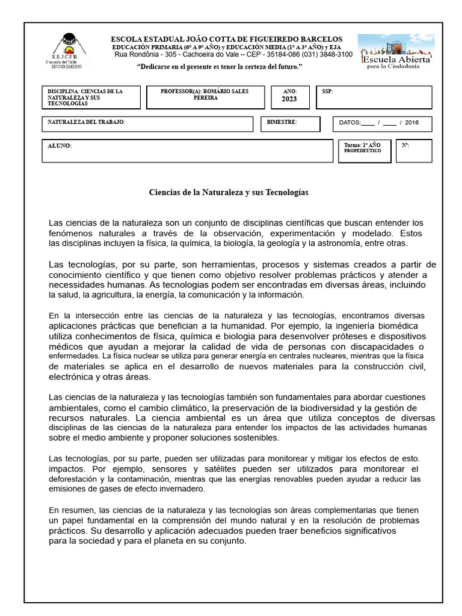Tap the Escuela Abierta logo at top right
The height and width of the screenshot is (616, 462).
click(x=393, y=52)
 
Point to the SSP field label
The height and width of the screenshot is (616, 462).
click(x=328, y=91)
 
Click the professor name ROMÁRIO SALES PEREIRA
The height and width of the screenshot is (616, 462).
click(x=205, y=94)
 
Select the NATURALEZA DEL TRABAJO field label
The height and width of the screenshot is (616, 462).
click(x=86, y=122)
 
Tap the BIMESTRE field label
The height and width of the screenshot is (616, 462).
click(x=282, y=122)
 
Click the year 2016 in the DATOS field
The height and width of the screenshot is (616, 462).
click(x=411, y=123)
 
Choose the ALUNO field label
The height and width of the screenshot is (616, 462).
click(x=60, y=146)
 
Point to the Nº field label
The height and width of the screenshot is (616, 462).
click(x=405, y=146)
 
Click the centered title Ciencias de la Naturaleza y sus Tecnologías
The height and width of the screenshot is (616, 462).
click(x=229, y=192)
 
